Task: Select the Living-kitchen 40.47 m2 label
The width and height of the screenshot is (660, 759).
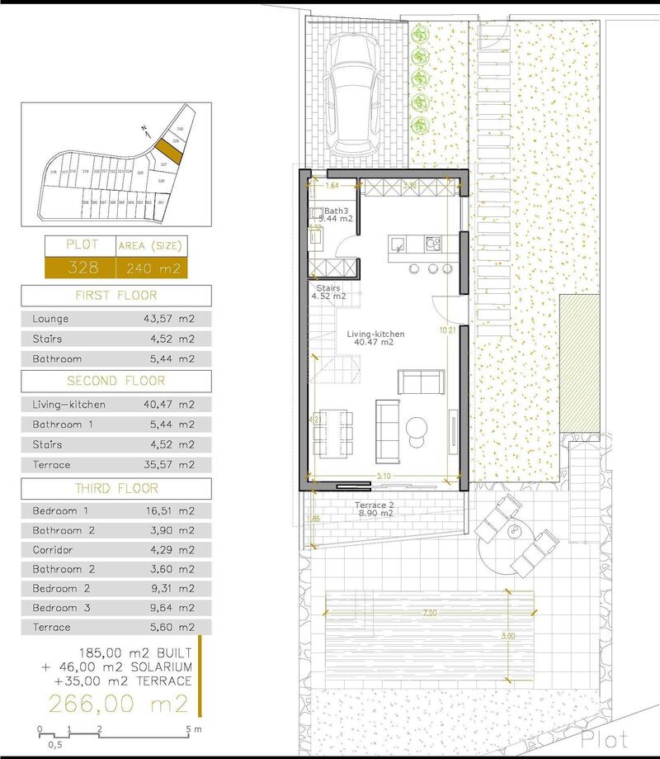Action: tap(376, 338)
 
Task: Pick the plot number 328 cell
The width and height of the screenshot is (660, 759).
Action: tap(67, 268)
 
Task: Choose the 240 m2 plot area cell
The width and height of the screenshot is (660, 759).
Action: tap(152, 268)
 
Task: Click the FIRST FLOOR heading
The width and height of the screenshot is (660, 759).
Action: tap(115, 296)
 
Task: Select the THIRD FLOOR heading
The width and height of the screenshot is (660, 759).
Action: tap(115, 488)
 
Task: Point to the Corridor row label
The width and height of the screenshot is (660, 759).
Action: tap(53, 550)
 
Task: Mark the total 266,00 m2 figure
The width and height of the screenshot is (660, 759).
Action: tap(119, 704)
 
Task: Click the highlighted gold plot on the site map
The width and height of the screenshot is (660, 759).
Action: tap(169, 150)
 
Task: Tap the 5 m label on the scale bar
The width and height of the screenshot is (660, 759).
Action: tap(195, 728)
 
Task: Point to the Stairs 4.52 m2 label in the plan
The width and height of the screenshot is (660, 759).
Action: tap(328, 292)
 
